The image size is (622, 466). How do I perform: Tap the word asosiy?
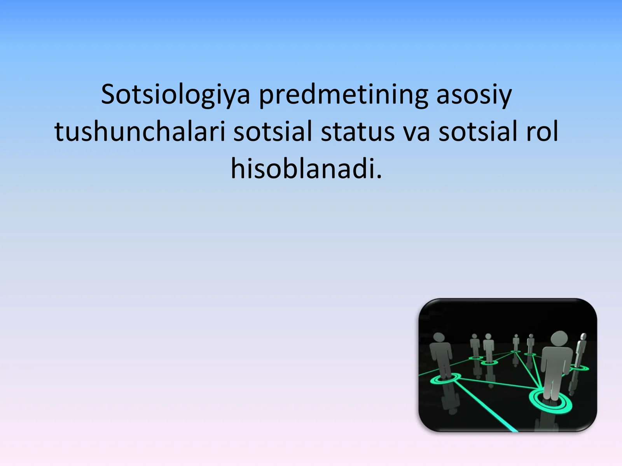pyautogui.click(x=474, y=95)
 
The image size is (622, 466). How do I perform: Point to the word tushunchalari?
pyautogui.click(x=140, y=132)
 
